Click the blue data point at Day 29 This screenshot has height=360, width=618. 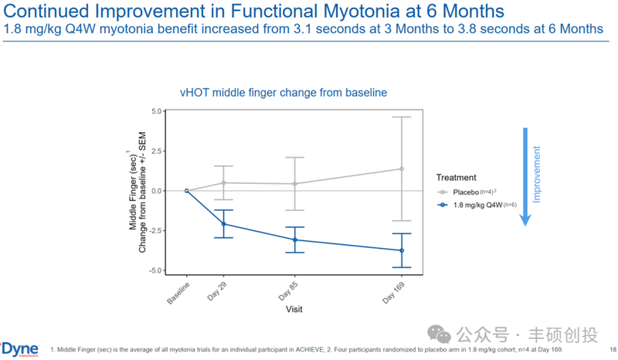coord(224,224)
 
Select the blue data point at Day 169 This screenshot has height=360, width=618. coord(402,250)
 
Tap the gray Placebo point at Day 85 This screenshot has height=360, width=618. coord(294,184)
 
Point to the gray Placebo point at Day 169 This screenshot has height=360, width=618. coord(402,168)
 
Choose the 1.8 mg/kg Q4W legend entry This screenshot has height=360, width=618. coord(479,205)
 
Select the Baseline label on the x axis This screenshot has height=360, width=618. coord(178,290)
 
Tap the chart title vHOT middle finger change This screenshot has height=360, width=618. coord(284,93)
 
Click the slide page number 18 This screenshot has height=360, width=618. coord(610,348)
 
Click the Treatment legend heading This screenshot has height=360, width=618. coord(456,177)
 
